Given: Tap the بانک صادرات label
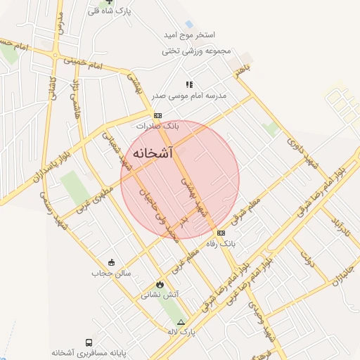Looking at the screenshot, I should pyautogui.click(x=158, y=126).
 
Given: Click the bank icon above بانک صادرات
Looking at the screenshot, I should pyautogui.click(x=158, y=115).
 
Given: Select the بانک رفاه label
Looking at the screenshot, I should pyautogui.click(x=221, y=243).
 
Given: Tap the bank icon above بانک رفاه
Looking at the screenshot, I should pyautogui.click(x=221, y=233).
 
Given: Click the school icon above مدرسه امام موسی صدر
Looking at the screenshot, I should pyautogui.click(x=188, y=84).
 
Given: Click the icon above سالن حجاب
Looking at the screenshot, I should pyautogui.click(x=111, y=262).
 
